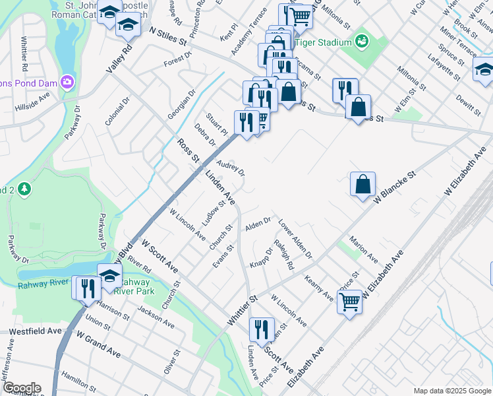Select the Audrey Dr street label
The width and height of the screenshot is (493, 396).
[231, 169]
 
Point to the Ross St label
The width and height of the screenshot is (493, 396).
[188, 151]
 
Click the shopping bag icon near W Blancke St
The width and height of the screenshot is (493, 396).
[362, 184]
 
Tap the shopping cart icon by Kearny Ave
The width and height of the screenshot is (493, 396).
[349, 302]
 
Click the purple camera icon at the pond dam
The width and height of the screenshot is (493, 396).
[66, 82]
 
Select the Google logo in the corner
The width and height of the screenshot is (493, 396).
[21, 388]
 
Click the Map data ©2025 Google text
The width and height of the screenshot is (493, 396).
[451, 391]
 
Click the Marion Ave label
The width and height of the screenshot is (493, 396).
[363, 248]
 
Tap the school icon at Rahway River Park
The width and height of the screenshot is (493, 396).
[110, 275]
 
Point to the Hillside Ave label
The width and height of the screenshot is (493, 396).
[33, 105]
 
